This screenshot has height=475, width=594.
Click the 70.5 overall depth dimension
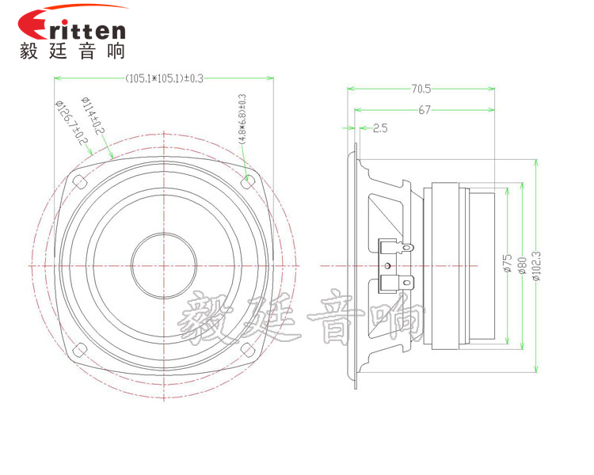tap(420, 88)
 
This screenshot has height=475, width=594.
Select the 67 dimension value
tap(425, 110)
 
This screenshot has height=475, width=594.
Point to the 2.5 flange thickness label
tap(379, 127)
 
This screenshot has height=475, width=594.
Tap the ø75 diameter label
tap(507, 264)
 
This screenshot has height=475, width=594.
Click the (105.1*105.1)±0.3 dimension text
tap(164, 78)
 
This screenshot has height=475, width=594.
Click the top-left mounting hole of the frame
tap(79, 181)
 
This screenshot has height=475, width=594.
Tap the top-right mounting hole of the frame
tap(249, 180)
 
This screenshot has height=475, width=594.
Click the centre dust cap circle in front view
tap(164, 264)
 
